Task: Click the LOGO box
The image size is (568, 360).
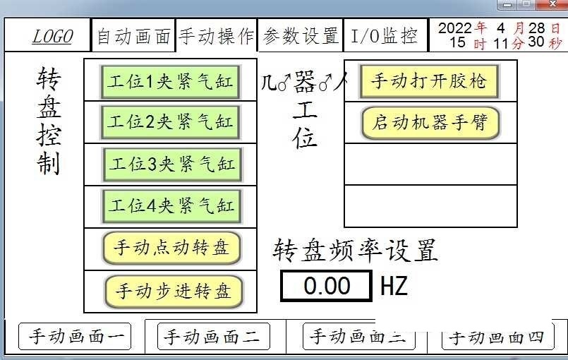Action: [52, 37]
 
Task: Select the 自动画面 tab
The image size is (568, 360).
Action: [133, 37]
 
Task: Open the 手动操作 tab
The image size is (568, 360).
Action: [216, 37]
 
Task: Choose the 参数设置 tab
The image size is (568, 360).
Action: [301, 37]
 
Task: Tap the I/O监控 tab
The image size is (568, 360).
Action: [385, 37]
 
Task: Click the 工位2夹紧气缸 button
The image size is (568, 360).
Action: [169, 122]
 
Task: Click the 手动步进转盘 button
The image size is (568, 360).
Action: [173, 290]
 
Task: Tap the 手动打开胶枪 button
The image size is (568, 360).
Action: [429, 81]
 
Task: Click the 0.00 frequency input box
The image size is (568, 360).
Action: [327, 286]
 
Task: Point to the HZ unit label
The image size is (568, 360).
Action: [394, 287]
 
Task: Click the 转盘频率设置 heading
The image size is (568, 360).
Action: [356, 250]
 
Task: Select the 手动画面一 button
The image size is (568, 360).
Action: [75, 337]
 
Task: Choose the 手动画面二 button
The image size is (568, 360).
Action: [212, 337]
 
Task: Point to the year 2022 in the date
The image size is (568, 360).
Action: [455, 28]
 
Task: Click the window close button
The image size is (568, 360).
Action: [547, 4]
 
